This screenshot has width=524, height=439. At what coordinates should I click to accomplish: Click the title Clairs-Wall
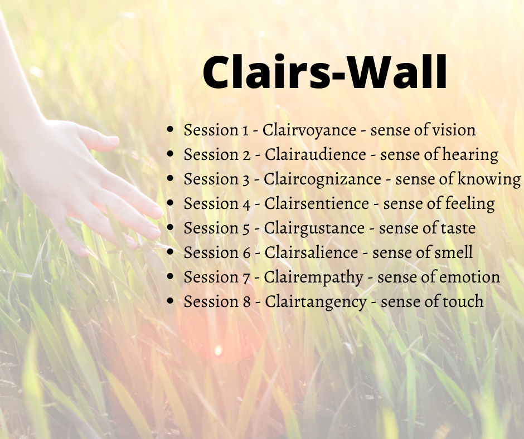tap(325, 72)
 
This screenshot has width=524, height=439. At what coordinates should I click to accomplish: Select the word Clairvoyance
tap(309, 130)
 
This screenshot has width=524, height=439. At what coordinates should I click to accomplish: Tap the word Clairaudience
tap(315, 154)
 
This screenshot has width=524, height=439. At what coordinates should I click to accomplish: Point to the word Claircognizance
tap(322, 179)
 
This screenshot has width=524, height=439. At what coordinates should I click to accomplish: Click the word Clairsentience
tap(317, 203)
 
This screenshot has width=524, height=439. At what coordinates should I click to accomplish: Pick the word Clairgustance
tap(314, 228)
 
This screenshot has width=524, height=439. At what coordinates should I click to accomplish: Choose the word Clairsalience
tap(311, 252)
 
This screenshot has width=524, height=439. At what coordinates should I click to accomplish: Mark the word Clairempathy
tap(313, 277)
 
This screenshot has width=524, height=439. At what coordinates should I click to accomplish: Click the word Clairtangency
tap(316, 302)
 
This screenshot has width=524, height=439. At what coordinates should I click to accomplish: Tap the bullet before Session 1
tap(171, 129)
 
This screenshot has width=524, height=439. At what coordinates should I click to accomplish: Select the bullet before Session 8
tap(171, 301)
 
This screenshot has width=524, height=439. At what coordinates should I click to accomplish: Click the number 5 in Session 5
tap(246, 229)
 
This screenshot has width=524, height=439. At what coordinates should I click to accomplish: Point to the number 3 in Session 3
tap(246, 180)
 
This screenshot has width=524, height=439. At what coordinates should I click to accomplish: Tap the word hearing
tap(470, 155)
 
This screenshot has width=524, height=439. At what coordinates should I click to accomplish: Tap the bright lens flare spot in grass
tap(218, 351)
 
